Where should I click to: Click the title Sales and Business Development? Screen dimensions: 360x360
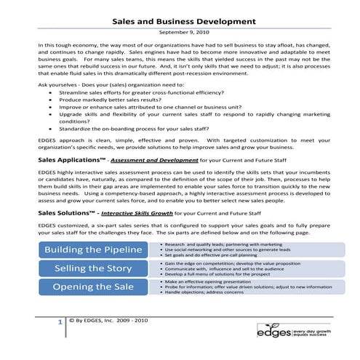pyautogui.click(x=180, y=22)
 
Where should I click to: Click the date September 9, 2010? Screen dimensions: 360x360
pyautogui.click(x=180, y=33)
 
